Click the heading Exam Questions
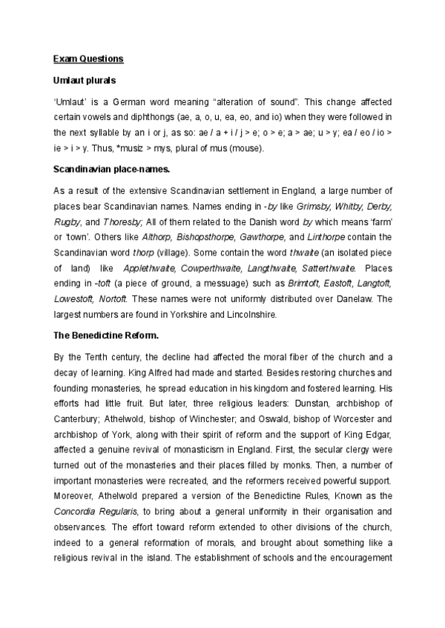click(88, 58)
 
